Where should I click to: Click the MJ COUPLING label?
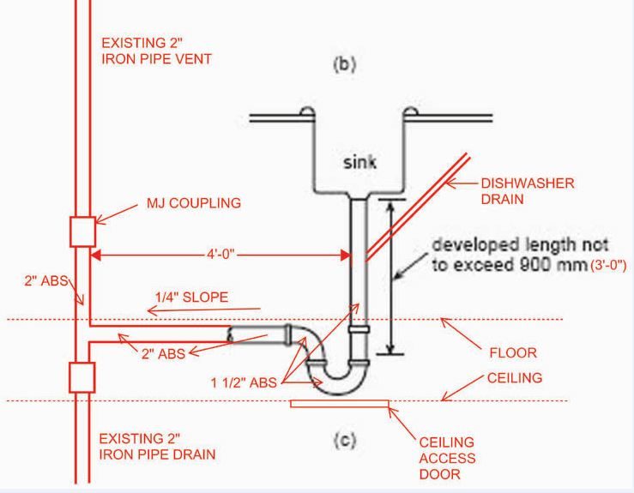pos(195,204)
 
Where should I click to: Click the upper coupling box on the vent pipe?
pos(83,231)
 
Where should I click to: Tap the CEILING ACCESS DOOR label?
pos(448,457)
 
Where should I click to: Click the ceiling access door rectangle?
pos(340,402)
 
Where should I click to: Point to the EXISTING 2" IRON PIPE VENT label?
pos(156,51)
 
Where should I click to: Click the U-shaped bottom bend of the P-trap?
pos(341,375)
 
